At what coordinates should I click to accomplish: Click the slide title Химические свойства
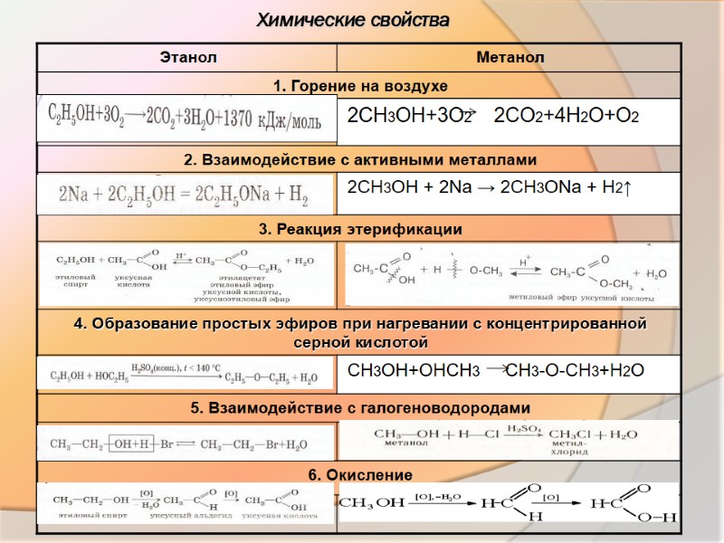[x=353, y=19]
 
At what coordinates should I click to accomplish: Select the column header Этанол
[x=188, y=58]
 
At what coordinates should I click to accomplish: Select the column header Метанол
[x=510, y=58]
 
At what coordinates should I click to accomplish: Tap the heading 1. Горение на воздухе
[x=360, y=85]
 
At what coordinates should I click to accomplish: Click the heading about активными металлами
[x=360, y=159]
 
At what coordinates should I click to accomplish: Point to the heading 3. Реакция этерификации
[x=360, y=230]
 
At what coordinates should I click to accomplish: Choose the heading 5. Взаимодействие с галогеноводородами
[x=360, y=408]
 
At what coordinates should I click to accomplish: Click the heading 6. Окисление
[x=360, y=475]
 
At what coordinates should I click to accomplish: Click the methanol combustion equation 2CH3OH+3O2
[x=494, y=117]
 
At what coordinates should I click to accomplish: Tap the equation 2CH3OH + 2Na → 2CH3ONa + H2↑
[x=489, y=187]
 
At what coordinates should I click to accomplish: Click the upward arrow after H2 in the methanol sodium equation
[x=627, y=187]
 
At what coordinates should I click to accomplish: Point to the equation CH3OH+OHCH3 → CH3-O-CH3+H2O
[x=496, y=370]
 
